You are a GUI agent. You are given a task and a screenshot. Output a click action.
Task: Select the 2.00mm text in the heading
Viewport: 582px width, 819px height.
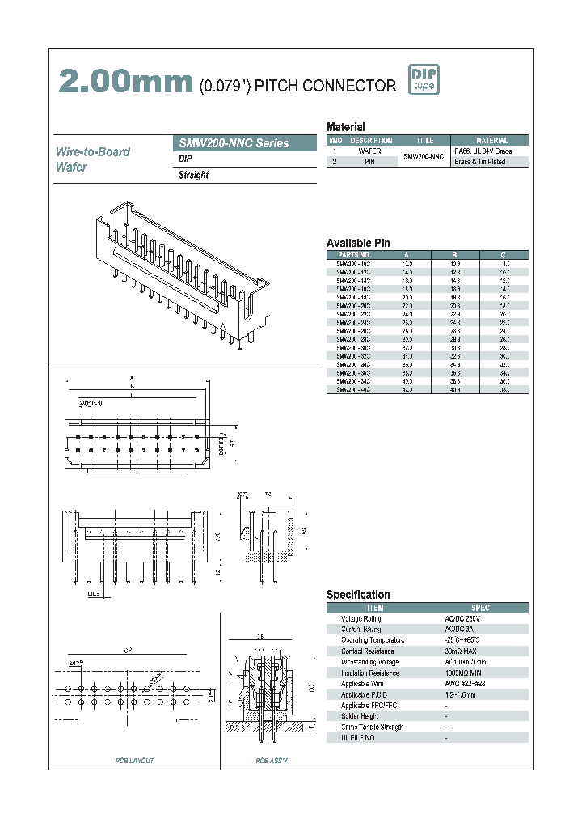[124, 83]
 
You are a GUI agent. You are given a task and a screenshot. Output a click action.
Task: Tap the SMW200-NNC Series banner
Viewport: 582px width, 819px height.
[234, 143]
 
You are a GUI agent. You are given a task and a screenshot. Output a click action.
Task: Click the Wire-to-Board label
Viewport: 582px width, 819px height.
[92, 152]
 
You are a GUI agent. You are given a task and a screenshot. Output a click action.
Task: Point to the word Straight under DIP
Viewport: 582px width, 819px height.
[193, 176]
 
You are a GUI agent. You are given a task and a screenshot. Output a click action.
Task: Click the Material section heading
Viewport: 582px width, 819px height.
[345, 127]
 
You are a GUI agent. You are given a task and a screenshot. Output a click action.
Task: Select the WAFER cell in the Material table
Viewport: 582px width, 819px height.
[369, 151]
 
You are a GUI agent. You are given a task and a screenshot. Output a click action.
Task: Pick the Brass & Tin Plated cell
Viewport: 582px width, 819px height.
[479, 162]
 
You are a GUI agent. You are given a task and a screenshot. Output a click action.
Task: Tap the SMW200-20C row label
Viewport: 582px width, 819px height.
[353, 307]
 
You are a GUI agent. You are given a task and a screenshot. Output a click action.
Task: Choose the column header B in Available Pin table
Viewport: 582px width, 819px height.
[455, 254]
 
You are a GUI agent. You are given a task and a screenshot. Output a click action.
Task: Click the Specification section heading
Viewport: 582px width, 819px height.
[358, 595]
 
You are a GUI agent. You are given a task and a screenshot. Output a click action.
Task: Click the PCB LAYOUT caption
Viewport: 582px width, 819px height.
[134, 761]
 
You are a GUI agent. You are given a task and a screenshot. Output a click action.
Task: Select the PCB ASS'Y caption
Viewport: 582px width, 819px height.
[272, 761]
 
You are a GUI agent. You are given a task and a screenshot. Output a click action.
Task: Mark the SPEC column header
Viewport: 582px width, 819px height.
[479, 608]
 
